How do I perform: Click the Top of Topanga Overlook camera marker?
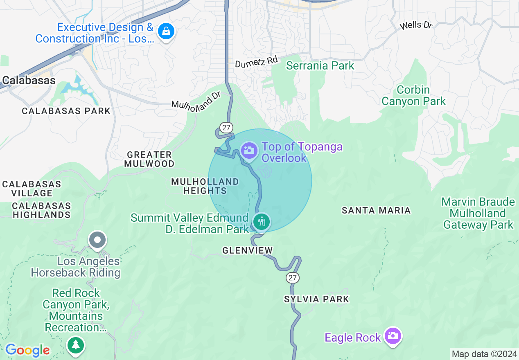248,151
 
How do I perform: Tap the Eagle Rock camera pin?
393,336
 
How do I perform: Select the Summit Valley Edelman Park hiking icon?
261,222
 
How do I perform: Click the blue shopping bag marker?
166,31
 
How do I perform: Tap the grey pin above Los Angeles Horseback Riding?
97,240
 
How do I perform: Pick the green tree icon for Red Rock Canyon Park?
76,344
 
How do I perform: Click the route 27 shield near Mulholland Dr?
226,127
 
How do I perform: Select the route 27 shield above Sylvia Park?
293,278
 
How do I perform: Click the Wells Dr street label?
416,25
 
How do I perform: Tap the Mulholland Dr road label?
196,101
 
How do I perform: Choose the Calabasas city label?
28,81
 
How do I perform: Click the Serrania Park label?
320,65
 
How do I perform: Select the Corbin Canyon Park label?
413,95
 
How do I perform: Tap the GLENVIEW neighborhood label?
247,250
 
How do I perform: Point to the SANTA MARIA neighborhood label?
376,210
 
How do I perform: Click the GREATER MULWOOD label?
150,159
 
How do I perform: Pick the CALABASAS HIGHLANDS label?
41,210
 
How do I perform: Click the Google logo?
27,350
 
